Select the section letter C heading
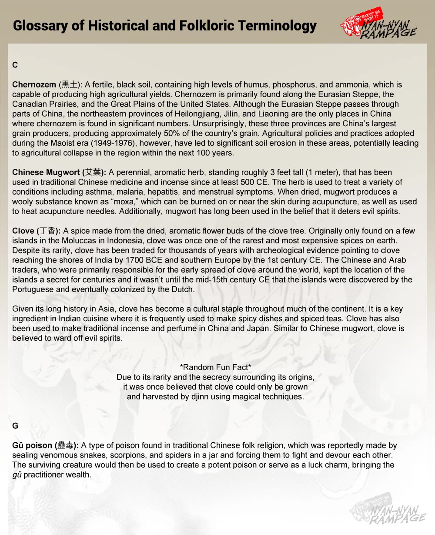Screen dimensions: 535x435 [15, 65]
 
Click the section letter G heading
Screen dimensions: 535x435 [15, 426]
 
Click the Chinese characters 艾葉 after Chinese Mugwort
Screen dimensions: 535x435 [94, 172]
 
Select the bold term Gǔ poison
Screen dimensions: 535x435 [33, 446]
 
